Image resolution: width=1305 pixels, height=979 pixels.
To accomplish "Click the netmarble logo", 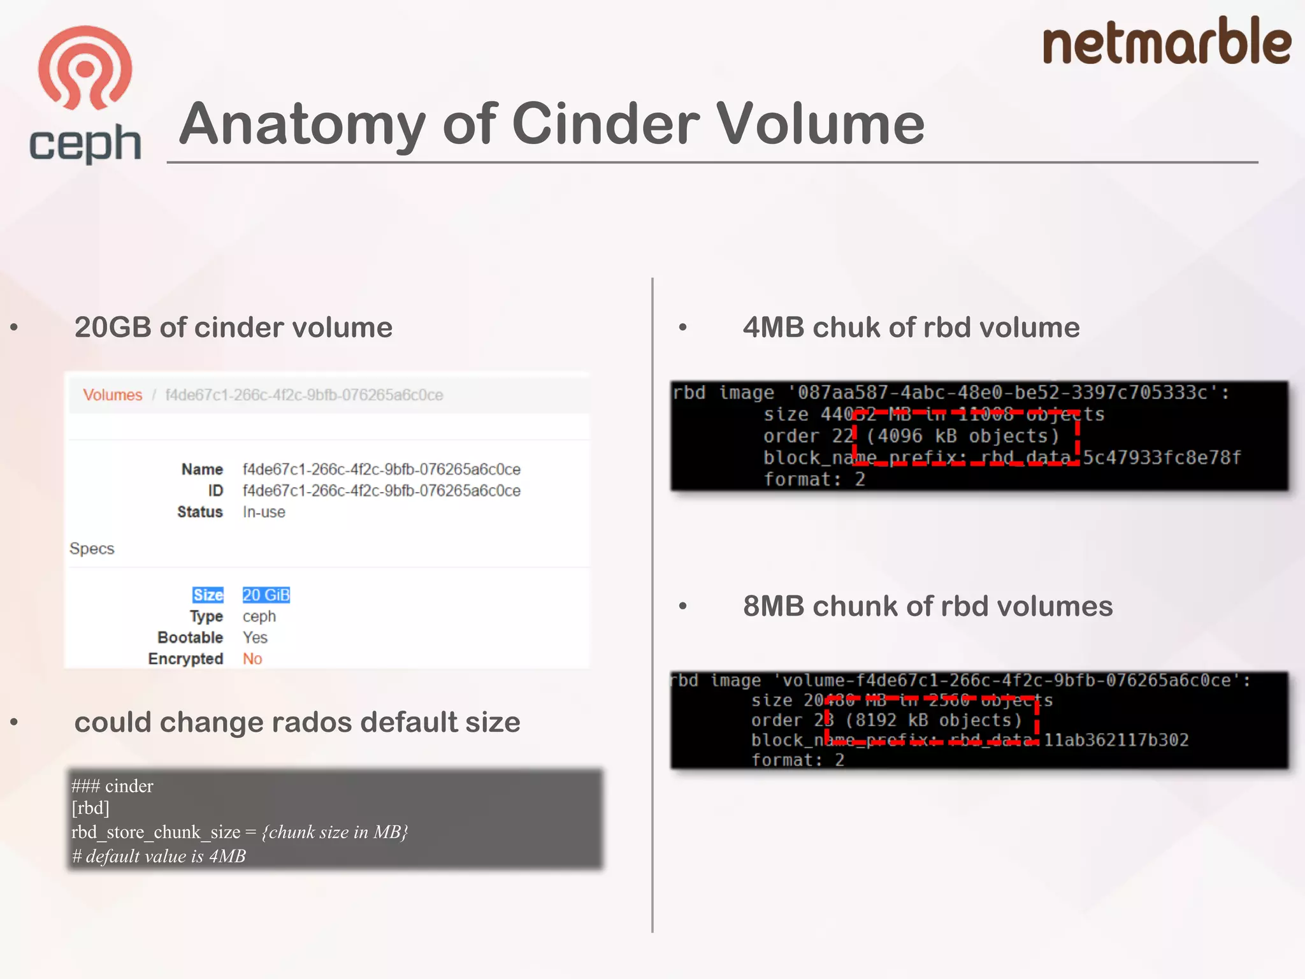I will click(x=1166, y=42).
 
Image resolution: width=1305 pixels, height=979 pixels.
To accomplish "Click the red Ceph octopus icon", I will click(x=85, y=68).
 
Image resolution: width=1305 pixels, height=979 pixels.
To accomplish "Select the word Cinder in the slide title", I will click(x=605, y=124).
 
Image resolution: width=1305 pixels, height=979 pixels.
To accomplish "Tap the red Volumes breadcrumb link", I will click(x=112, y=395).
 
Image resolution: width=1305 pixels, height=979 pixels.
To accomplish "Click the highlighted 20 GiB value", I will click(x=266, y=595).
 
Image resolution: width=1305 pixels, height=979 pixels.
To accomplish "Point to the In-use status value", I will click(x=264, y=512).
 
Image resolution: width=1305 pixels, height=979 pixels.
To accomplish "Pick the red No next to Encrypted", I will click(x=252, y=659).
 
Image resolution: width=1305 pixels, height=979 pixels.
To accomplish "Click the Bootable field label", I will click(x=190, y=638).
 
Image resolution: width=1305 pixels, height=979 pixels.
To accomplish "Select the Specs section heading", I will click(x=92, y=549).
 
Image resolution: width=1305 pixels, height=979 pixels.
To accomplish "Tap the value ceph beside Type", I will click(x=259, y=617).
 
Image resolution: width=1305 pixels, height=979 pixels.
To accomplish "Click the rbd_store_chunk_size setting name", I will click(x=155, y=832).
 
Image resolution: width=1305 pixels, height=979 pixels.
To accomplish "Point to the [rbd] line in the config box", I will click(x=90, y=808).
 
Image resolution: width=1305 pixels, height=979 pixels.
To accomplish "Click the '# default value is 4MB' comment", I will click(x=159, y=857).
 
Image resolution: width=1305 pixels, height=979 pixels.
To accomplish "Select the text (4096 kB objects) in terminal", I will click(x=962, y=437).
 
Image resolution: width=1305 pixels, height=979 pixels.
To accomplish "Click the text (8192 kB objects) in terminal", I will click(x=934, y=721).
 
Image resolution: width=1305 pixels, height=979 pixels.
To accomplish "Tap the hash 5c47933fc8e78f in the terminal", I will click(x=1162, y=458).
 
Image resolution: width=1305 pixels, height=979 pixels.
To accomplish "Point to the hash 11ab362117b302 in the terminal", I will click(x=1116, y=741).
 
